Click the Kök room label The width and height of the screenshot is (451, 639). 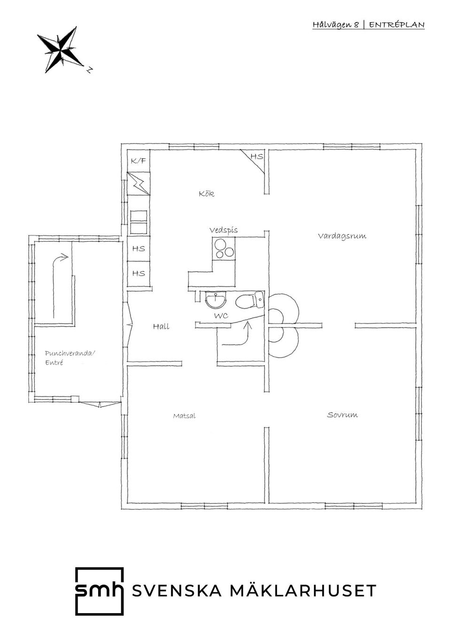[x=206, y=194]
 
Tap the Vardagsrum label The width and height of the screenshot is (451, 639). [x=342, y=236]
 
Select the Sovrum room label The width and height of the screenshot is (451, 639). [x=342, y=415]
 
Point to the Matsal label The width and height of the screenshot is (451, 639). [x=184, y=416]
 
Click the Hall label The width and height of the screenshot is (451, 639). [x=161, y=327]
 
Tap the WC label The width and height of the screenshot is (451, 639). [x=221, y=316]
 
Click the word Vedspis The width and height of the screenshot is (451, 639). [x=224, y=230]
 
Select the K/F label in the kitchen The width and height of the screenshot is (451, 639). [x=139, y=161]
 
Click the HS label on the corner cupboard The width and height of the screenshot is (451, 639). [x=257, y=157]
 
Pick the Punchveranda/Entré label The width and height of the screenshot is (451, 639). [x=70, y=358]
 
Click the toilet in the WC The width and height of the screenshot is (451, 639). [x=250, y=300]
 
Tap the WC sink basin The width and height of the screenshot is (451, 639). [x=216, y=300]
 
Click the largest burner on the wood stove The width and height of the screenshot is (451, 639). [x=220, y=244]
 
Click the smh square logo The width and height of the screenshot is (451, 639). [x=100, y=591]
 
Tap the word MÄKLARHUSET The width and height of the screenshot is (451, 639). [x=303, y=591]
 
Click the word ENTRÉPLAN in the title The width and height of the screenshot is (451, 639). [x=397, y=25]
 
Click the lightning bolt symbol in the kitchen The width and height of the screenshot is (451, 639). [x=139, y=184]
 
